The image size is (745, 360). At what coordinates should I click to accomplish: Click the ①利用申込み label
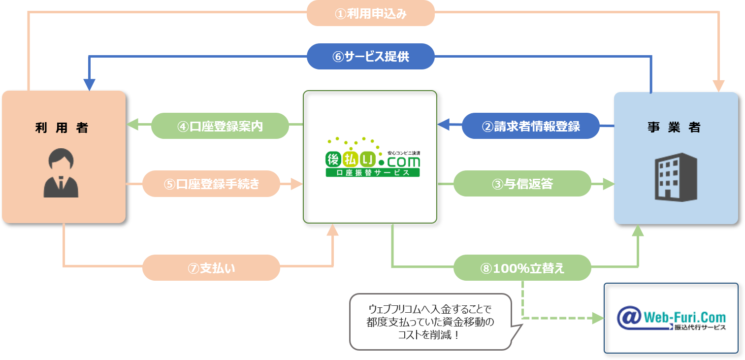coord(370,13)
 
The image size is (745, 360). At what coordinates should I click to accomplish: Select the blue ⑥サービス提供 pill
coord(370,57)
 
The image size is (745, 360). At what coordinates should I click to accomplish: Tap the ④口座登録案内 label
coord(220,126)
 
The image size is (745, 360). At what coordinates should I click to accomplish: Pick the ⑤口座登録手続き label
coord(211,184)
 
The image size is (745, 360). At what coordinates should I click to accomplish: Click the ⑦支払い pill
coord(211,268)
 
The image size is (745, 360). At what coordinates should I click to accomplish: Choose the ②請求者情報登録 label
coord(530,126)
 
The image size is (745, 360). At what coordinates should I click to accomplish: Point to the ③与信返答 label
coord(522,184)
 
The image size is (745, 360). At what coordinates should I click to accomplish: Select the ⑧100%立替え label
coord(522,268)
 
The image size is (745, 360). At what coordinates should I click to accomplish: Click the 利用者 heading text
coord(63,128)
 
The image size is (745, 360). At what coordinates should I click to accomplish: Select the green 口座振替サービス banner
coord(373,173)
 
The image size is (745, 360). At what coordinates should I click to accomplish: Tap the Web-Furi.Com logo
coord(671,318)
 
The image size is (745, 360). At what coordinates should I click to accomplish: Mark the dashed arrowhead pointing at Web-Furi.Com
coord(597,318)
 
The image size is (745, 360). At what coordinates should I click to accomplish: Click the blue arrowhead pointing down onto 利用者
coord(89,85)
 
